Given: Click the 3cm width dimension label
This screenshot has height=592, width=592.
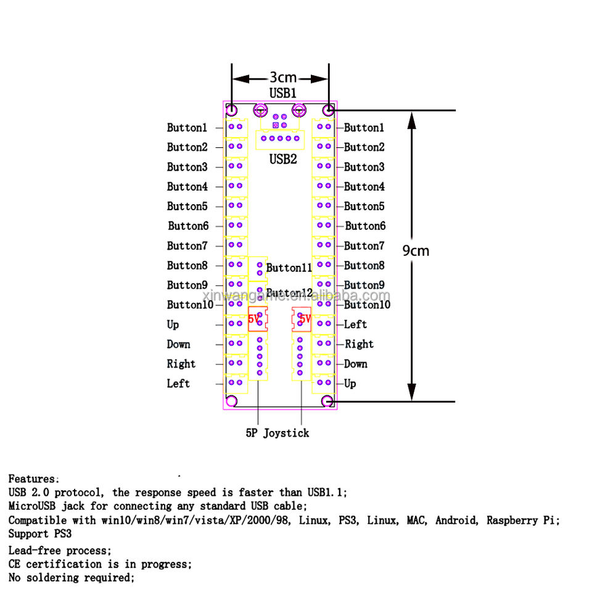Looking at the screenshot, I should coord(283,78).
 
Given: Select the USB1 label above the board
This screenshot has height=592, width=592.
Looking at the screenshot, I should coord(283,93).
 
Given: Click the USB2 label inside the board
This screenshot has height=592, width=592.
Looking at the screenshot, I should coord(283,159).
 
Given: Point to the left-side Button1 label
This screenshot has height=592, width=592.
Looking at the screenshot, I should coord(187,128).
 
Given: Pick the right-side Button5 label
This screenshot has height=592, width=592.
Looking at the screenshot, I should coord(364,206).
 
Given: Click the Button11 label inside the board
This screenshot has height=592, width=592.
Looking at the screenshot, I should coord(289,268).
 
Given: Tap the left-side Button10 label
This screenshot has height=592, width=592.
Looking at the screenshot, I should coord(190,305).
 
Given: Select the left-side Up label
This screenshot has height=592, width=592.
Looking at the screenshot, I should coord(173,324).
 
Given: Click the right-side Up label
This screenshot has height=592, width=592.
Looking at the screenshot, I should coord(350,384).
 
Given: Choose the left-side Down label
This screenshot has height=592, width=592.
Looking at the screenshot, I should coord(178,344).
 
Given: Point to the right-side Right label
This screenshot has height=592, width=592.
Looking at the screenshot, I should coord(359,344).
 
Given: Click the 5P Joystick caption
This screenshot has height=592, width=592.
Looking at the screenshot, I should coord(277,433).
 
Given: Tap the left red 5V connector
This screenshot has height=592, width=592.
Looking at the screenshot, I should coord(258,319).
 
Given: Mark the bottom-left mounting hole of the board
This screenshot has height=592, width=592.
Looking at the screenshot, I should coord(232,401).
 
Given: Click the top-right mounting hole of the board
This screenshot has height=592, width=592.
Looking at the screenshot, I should coord(329,110).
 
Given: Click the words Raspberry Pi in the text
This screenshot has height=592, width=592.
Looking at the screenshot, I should coord(522,520).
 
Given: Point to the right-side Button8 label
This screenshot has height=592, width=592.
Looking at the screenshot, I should coord(364,265).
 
